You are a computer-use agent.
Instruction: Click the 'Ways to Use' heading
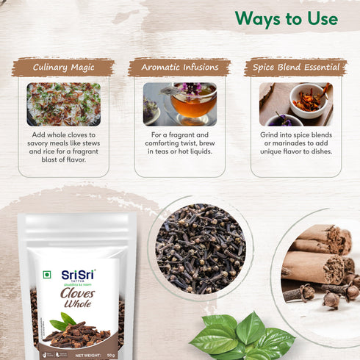click(x=287, y=18)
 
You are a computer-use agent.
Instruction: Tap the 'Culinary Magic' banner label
click(x=62, y=68)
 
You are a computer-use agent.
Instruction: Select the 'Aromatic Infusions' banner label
click(x=179, y=68)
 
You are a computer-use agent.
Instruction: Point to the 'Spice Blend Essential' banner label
click(x=296, y=68)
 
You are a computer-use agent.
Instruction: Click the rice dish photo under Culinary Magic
click(x=63, y=104)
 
